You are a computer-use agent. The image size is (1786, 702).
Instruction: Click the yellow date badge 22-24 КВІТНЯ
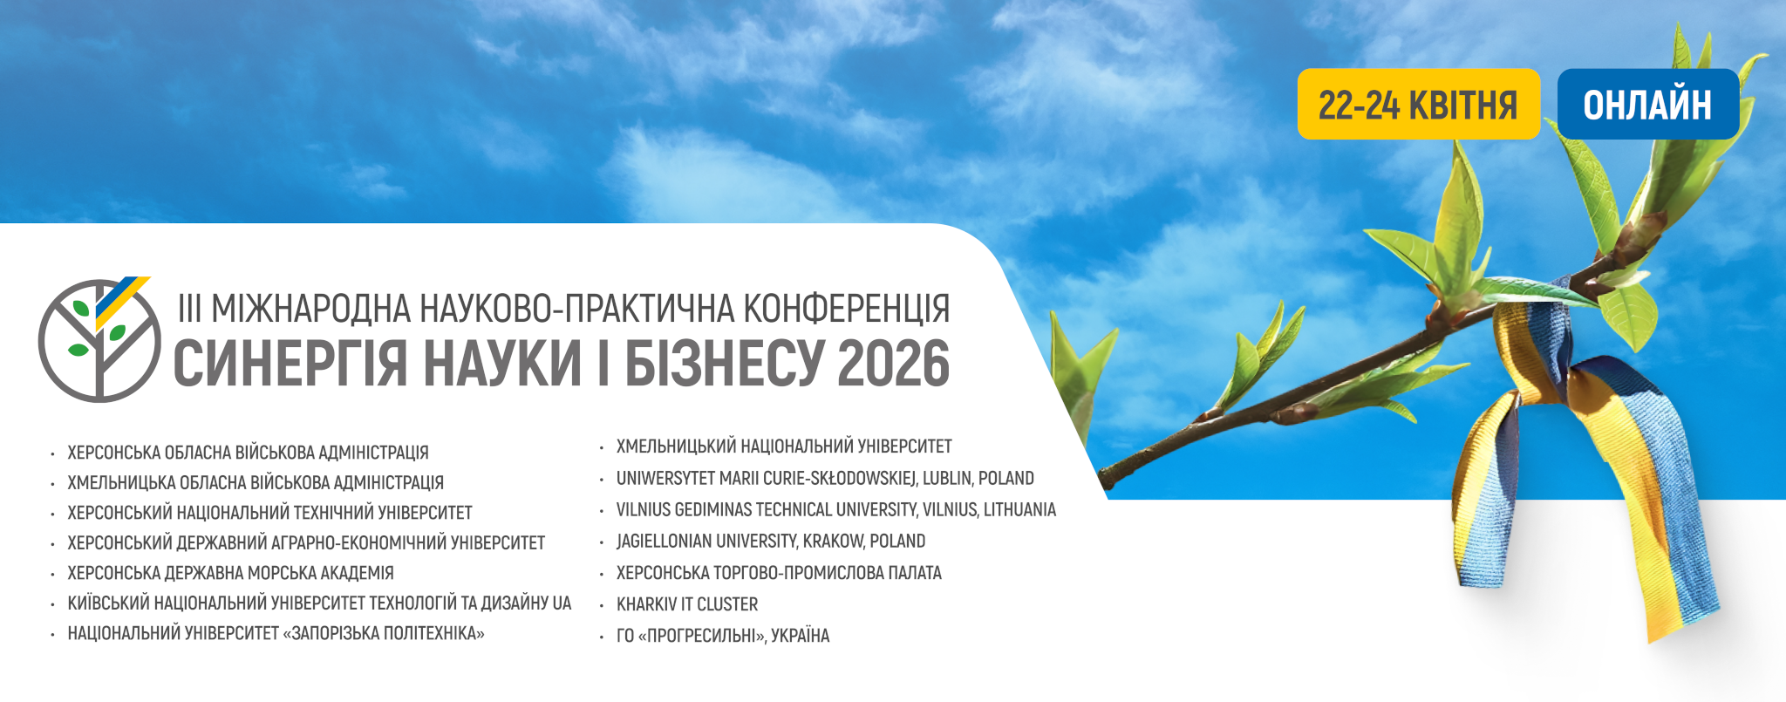(x=1418, y=104)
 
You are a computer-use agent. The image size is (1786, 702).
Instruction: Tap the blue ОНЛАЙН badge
(x=1647, y=104)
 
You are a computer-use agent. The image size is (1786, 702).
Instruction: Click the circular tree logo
(x=99, y=339)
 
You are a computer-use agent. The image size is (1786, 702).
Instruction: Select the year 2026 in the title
(x=893, y=363)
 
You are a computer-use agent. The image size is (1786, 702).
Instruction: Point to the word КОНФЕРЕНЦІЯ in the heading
(x=846, y=310)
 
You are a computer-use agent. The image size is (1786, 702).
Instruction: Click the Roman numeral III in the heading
(x=189, y=310)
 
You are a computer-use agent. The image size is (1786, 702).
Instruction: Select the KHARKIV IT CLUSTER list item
(x=687, y=604)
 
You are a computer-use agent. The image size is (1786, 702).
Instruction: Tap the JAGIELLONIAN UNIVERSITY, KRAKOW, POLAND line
(x=771, y=542)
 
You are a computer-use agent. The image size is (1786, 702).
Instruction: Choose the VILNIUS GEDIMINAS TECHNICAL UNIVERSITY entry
(x=835, y=510)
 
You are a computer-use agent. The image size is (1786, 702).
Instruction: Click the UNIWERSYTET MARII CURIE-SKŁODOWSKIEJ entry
(x=825, y=479)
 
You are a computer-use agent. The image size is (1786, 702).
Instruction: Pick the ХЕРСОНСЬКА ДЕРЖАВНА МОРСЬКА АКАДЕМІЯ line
(x=231, y=573)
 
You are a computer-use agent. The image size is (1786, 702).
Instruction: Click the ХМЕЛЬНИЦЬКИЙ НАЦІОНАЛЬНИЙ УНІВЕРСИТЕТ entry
(x=784, y=446)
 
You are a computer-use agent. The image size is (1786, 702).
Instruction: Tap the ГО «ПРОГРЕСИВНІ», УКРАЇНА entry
(x=723, y=636)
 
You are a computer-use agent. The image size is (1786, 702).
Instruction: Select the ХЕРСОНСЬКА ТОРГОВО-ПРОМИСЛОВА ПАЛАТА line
(x=779, y=573)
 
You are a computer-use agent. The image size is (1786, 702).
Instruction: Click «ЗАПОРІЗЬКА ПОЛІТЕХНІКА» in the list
(x=384, y=633)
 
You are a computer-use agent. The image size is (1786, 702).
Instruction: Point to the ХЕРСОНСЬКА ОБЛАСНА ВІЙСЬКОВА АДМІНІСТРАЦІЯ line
(x=249, y=453)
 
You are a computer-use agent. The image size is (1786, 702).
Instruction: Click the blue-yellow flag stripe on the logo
(x=121, y=302)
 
